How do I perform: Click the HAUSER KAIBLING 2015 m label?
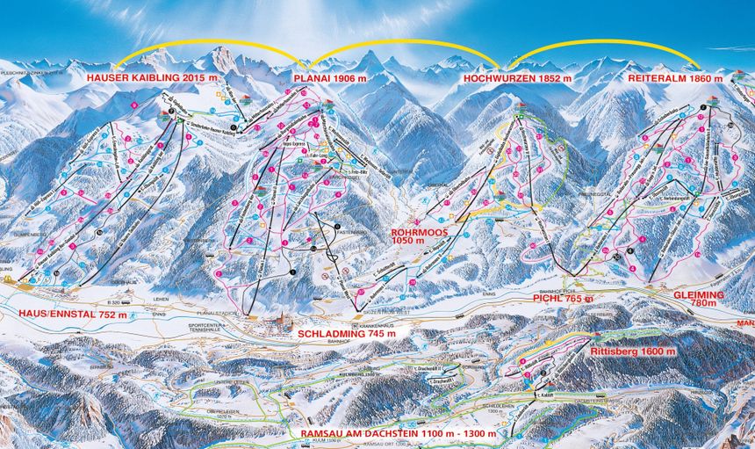point(145,78)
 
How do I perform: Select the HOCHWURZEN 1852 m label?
point(516,78)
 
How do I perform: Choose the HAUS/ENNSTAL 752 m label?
point(68,314)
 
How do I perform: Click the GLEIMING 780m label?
point(701,299)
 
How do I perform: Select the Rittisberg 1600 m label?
point(633,351)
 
